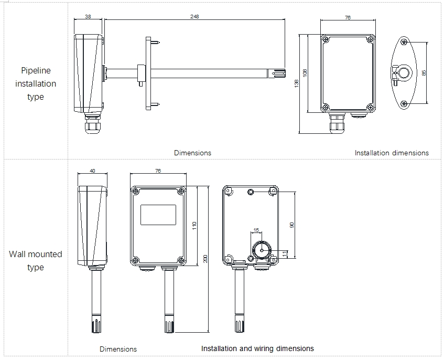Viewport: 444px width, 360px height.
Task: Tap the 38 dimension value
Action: click(x=88, y=16)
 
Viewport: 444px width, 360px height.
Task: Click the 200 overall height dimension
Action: click(x=205, y=258)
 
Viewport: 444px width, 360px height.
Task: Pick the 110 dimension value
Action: click(x=194, y=226)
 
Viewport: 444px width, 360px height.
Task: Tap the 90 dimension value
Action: click(x=291, y=225)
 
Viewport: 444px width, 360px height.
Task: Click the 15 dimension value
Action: click(x=256, y=230)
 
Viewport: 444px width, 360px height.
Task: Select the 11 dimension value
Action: click(x=285, y=253)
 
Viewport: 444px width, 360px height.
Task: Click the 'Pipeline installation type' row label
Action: click(x=36, y=83)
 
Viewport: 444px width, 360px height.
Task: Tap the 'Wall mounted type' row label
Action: click(x=36, y=260)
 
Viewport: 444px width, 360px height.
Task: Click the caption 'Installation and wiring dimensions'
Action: click(x=257, y=348)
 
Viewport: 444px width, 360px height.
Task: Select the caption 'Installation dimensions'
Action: click(x=391, y=153)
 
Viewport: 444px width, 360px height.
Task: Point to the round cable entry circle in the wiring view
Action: click(x=261, y=250)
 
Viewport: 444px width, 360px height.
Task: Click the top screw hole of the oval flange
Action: click(x=404, y=43)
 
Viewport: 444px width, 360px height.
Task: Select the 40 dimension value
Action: click(x=92, y=171)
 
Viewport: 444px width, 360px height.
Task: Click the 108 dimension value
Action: click(x=305, y=73)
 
